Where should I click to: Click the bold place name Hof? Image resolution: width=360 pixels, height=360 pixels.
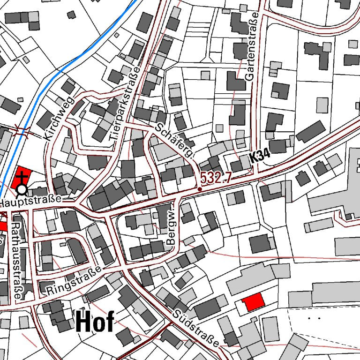point(94,322)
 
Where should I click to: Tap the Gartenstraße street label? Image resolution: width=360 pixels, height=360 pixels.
point(254,48)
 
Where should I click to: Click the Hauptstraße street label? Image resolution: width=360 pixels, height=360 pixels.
point(31,202)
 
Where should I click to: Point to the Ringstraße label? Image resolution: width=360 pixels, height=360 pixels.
point(74,281)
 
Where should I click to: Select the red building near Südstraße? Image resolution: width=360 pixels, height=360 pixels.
point(252,302)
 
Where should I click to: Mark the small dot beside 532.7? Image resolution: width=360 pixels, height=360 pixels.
point(200,189)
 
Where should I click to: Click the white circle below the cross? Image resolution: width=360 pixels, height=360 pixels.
point(22,190)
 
